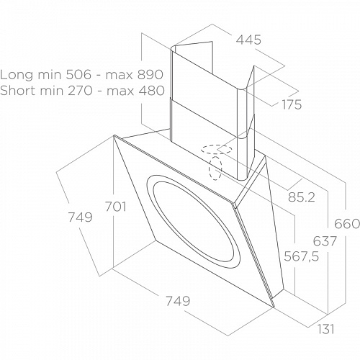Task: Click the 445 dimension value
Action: (248, 40)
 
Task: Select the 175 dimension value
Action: (292, 104)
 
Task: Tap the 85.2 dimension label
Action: (301, 197)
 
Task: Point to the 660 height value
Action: (347, 224)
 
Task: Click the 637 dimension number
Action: (325, 241)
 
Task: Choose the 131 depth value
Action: (326, 329)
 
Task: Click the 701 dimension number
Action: (116, 207)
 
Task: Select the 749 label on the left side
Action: (81, 217)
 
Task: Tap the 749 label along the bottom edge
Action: (178, 301)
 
